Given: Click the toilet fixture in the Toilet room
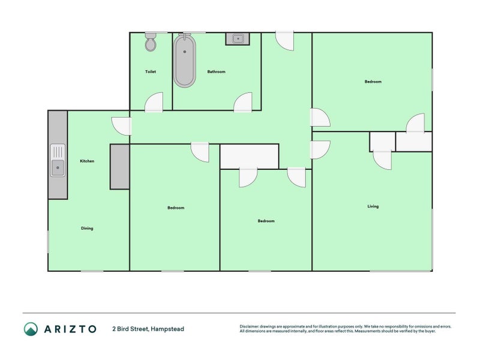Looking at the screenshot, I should coord(151,42).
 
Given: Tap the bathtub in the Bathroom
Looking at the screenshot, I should coord(185,61).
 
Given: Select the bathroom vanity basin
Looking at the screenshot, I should coord(237,39).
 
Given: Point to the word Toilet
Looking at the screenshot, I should coord(151,72).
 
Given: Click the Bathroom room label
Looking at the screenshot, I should coord(216,72).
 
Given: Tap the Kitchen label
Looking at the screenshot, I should coord(87,161).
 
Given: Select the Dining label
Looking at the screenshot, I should coord(87,228).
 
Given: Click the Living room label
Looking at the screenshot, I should coord(373,206).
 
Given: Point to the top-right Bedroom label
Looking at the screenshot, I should coord(373,82).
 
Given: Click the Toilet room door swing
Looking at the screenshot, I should coord(155,103).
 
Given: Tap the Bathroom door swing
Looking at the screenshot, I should coord(244,103).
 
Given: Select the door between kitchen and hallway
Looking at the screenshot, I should coord(122,125).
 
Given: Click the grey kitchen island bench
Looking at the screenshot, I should coord(119,167).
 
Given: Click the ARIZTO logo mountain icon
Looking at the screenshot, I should coord(31,329).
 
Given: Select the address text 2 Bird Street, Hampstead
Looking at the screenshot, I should coord(148,329).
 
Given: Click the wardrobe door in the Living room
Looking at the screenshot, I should coord(382,159).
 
